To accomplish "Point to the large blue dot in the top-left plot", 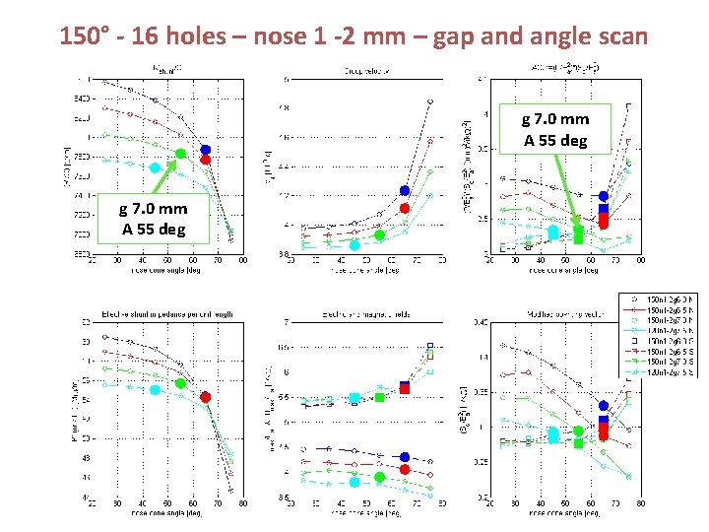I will point(206,150).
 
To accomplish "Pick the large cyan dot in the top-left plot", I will point(155,168).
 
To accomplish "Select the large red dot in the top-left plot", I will point(206,160).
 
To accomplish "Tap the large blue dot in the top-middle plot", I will point(405,191).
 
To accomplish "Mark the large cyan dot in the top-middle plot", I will point(354,245).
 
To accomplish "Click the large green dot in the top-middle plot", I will point(380,234).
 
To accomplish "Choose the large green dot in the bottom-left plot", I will point(180,383).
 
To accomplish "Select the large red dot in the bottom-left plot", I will point(206,397).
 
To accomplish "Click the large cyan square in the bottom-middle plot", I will point(354,399).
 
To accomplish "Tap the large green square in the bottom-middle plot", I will point(380,397).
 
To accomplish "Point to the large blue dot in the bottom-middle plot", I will point(405,457).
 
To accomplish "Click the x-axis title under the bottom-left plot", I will point(166,512).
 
